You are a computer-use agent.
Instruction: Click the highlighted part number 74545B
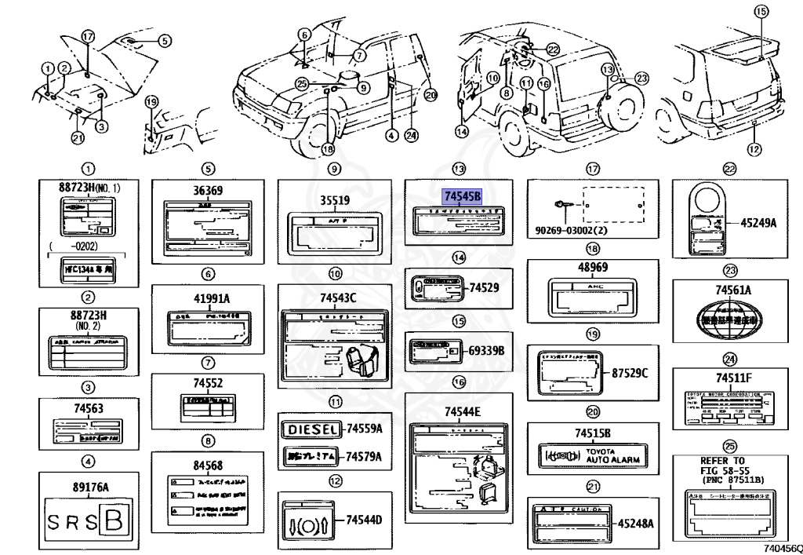click(462, 197)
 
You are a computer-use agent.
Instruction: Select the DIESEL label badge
click(311, 429)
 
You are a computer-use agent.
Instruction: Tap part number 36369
click(208, 191)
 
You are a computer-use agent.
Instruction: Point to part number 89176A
click(85, 486)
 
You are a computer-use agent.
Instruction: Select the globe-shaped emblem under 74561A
click(730, 320)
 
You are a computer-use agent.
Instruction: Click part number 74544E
click(462, 412)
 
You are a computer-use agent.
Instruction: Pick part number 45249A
click(758, 223)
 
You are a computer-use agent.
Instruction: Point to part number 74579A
click(364, 456)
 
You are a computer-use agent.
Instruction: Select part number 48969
click(593, 267)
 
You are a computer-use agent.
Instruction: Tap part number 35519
click(334, 199)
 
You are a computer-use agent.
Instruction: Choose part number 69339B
click(486, 349)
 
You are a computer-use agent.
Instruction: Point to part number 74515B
click(593, 433)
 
